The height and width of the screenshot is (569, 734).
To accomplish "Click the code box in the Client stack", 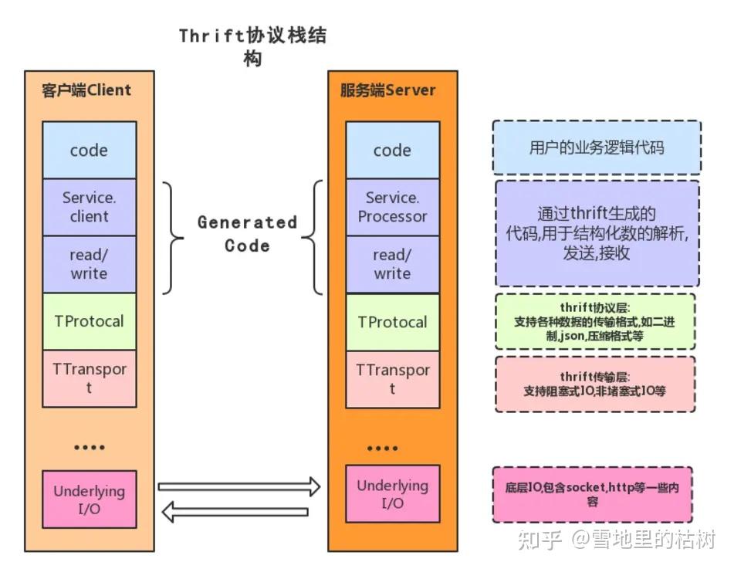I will (89, 151).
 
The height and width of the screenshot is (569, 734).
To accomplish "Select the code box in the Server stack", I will (392, 151).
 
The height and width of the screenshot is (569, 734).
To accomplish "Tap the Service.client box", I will (89, 207).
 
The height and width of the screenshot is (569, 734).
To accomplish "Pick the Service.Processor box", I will (392, 207).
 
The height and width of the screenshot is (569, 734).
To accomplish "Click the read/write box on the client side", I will (89, 264).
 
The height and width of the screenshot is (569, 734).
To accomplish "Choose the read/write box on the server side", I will (392, 264).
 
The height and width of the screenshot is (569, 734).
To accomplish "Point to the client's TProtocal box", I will (89, 321).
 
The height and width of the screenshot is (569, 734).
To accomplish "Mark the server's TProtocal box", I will (392, 322).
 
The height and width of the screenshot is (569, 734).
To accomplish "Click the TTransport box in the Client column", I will (89, 378).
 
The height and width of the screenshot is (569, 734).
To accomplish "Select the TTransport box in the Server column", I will (392, 379).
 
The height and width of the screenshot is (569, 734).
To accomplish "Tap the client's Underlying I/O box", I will (89, 500).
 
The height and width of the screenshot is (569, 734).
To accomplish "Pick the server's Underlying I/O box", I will (392, 494).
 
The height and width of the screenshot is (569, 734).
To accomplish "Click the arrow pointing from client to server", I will (238, 486).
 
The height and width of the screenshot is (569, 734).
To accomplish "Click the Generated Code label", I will (247, 234).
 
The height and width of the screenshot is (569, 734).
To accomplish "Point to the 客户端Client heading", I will (86, 90).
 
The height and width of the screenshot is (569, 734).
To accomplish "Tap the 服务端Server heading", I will (388, 90).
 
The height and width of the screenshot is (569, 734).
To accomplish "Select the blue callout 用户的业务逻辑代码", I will (597, 147).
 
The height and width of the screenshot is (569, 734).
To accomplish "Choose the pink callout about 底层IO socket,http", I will (592, 494).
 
